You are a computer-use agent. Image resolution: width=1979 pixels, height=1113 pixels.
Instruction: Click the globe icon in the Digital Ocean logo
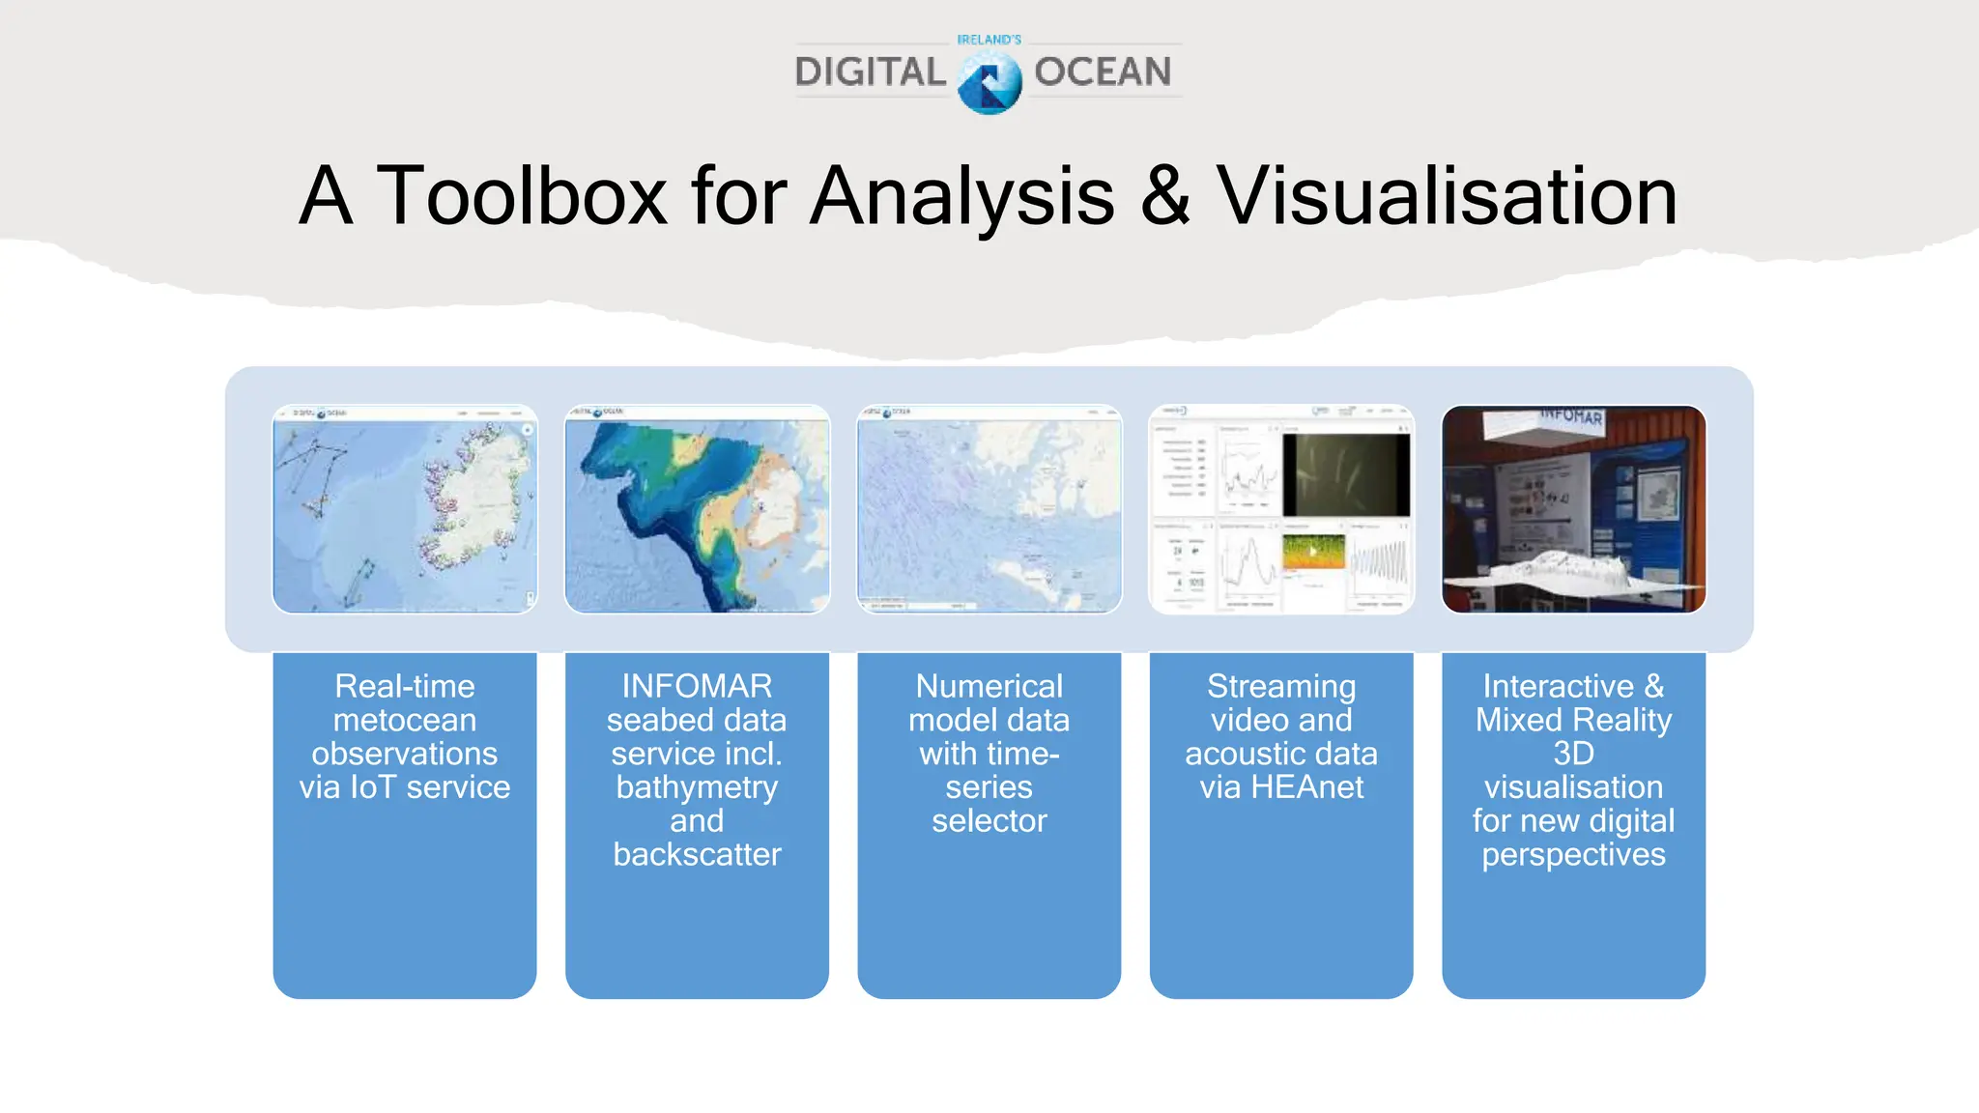point(989,83)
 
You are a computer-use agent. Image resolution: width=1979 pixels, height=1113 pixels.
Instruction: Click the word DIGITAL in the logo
point(870,72)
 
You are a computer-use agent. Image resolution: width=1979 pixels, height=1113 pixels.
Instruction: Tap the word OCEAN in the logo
point(1103,72)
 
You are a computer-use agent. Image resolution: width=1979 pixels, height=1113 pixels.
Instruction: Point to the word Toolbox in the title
point(521,196)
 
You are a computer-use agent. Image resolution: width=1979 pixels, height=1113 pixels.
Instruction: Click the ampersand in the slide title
point(1165,196)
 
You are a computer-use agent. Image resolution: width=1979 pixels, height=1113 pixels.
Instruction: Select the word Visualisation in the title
point(1447,196)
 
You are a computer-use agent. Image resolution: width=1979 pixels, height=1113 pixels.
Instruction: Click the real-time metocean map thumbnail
point(405,509)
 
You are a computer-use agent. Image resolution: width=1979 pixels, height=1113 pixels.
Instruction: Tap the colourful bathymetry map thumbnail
point(697,509)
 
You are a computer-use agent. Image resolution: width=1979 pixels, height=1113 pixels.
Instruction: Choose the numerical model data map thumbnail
point(989,509)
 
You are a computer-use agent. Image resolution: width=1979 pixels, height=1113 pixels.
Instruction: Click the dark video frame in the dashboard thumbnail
point(1346,474)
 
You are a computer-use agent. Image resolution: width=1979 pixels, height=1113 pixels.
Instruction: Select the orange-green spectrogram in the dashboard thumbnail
point(1313,552)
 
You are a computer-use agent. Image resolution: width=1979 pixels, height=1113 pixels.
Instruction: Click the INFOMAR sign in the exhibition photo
point(1572,416)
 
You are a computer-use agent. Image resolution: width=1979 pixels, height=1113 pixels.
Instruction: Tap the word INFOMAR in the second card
point(697,686)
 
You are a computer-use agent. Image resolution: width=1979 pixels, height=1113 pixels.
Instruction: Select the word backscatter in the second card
point(697,855)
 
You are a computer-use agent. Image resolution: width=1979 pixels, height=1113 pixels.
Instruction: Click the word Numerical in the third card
point(989,686)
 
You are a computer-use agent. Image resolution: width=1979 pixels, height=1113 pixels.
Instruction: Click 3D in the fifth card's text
point(1573,754)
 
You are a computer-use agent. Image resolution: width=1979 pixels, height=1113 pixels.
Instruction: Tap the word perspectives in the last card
point(1573,855)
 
